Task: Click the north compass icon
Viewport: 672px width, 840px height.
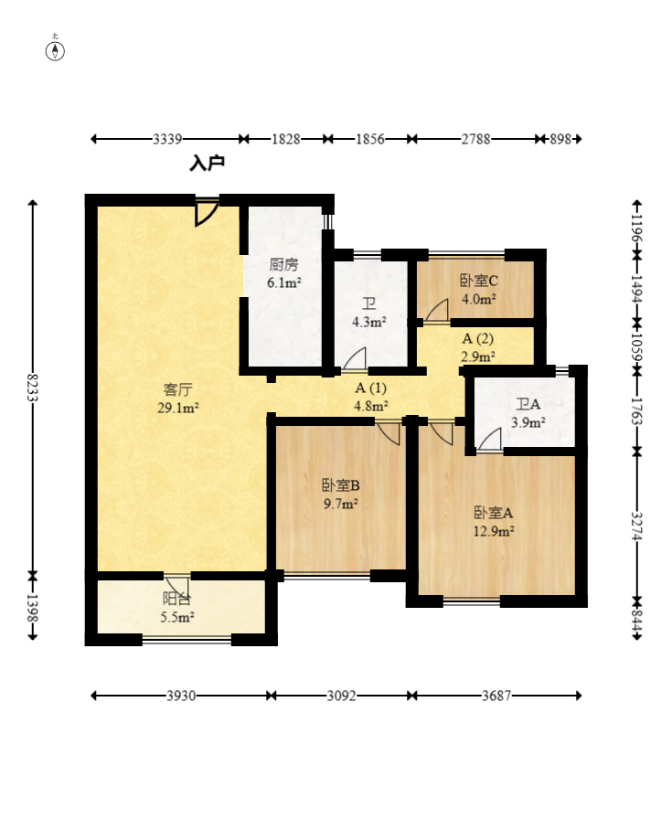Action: pos(55,50)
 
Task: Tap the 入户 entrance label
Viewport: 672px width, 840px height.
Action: pos(207,164)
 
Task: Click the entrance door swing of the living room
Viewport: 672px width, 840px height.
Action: pos(207,213)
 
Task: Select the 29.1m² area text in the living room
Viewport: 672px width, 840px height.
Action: pos(178,409)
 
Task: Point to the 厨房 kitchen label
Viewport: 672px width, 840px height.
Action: pos(283,265)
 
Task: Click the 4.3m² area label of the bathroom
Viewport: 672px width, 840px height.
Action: pos(369,322)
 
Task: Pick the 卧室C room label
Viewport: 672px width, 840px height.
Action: pos(478,281)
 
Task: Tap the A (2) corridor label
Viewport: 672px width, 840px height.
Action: pos(477,338)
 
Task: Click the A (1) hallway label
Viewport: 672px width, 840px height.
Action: pos(370,388)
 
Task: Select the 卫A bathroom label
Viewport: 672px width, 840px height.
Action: pos(528,405)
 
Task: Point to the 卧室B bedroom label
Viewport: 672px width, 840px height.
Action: pos(341,485)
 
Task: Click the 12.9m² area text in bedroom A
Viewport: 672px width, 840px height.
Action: pos(494,531)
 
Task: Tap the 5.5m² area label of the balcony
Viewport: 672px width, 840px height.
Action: pos(177,617)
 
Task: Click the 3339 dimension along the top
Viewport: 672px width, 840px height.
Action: pos(167,139)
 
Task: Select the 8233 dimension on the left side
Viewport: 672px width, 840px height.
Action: pos(33,388)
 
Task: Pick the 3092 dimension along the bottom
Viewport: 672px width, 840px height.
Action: pos(341,696)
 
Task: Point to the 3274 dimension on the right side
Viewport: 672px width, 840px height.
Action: pos(636,526)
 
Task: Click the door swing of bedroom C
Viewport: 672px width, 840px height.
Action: pos(437,311)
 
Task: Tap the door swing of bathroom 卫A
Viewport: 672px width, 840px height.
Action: pos(489,440)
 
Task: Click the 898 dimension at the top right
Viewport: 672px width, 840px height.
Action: pos(560,139)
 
